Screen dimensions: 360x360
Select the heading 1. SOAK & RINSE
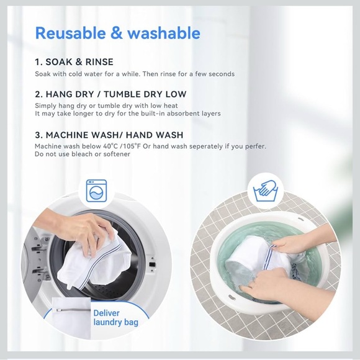(83, 62)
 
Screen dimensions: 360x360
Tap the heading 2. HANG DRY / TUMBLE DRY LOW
(110, 94)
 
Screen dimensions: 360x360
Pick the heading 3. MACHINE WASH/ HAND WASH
(109, 135)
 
